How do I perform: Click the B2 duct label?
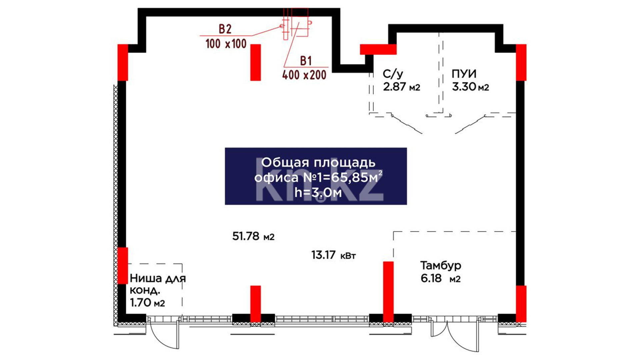pos(225,29)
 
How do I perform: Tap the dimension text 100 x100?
pos(226,44)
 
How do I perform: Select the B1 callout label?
pos(306,61)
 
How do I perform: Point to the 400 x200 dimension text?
pos(304,75)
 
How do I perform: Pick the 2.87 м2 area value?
pos(401,87)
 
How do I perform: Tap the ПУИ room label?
pos(464,74)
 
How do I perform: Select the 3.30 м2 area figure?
pos(470,87)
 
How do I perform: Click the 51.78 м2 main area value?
pos(253,236)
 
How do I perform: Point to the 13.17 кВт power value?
pos(333,255)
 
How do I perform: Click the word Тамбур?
pos(441,265)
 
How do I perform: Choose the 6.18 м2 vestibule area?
pos(440,278)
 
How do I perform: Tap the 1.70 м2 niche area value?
pos(147,303)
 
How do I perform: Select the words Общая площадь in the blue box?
pos(318,163)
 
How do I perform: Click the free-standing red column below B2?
pos(256,62)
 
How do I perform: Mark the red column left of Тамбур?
pos(388,292)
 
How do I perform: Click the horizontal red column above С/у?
pos(378,49)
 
